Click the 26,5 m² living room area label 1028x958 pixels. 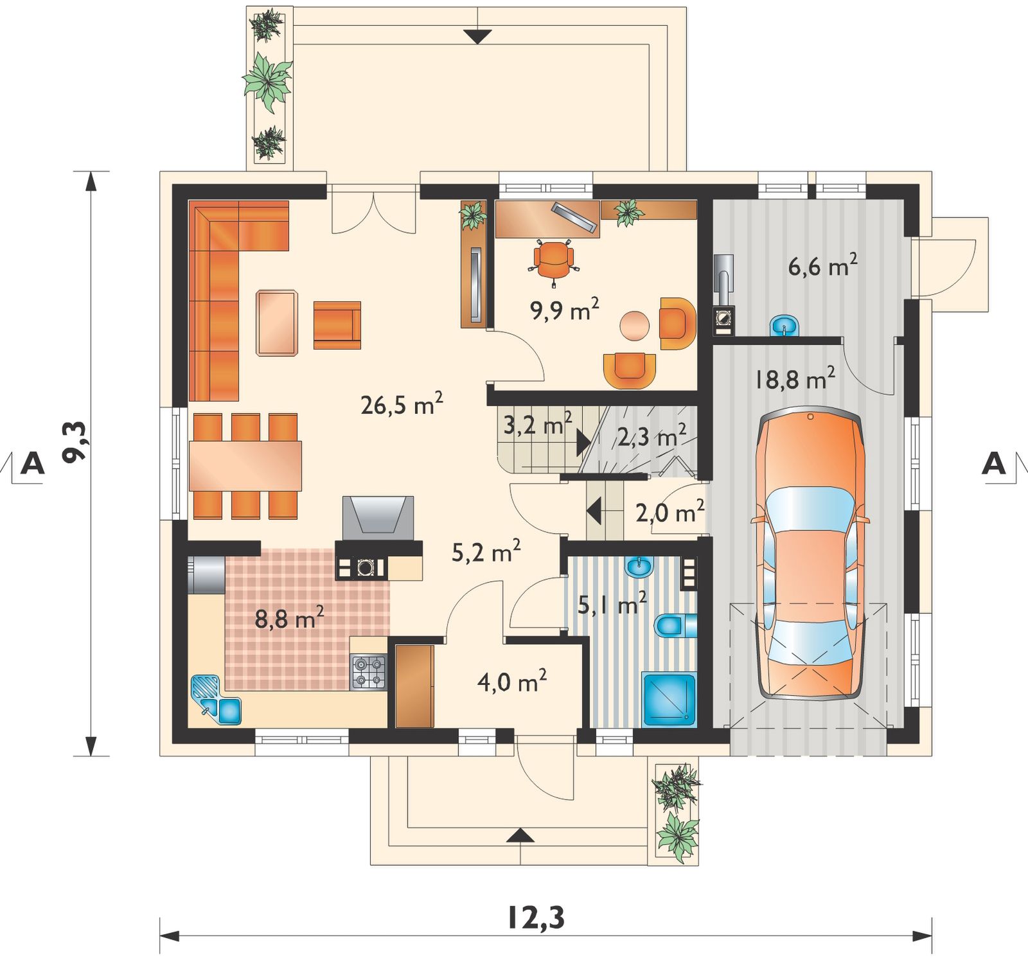point(402,405)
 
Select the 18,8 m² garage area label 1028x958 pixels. point(795,379)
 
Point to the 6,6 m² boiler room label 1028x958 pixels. point(822,266)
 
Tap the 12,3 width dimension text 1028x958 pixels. point(536,918)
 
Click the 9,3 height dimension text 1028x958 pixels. point(77,442)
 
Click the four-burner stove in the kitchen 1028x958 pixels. point(369,672)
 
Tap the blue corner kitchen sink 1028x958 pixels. point(216,700)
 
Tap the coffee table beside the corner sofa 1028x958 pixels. point(277,323)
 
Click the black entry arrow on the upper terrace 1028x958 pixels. point(477,37)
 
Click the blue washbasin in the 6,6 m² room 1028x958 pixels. point(784,326)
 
